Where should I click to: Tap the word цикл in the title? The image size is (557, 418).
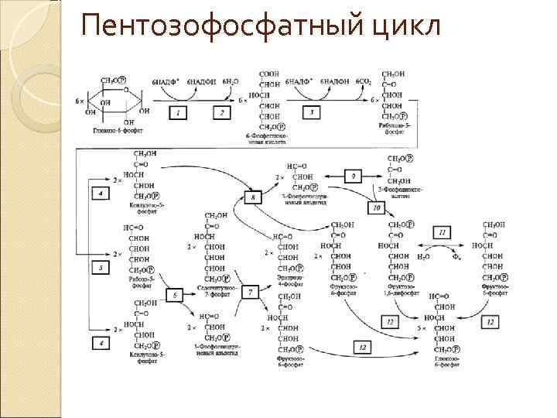(x=403, y=27)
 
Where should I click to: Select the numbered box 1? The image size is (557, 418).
(x=178, y=113)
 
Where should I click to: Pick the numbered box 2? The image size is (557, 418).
(x=222, y=113)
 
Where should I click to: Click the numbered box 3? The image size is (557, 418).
(x=311, y=113)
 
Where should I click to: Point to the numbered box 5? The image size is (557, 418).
(x=101, y=267)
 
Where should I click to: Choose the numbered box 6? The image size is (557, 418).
(x=175, y=294)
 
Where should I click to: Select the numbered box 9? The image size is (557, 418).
(x=353, y=177)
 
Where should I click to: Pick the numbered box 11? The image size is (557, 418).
(x=442, y=232)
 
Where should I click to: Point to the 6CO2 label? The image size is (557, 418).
(x=364, y=81)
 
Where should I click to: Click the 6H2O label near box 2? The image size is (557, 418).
(x=231, y=81)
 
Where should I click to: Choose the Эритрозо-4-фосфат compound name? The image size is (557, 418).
(x=289, y=279)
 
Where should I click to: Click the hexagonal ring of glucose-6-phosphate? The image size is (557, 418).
(x=114, y=101)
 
